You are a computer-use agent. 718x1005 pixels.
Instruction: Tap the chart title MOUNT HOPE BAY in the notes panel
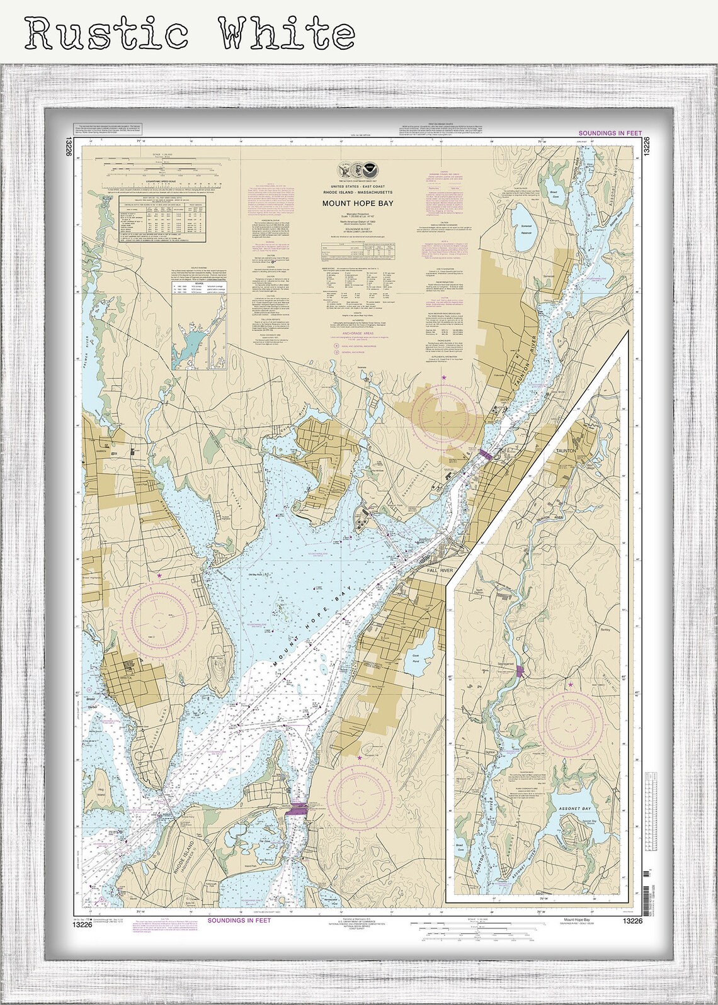[x=357, y=203]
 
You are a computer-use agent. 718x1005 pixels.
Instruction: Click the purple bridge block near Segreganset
[x=518, y=671]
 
